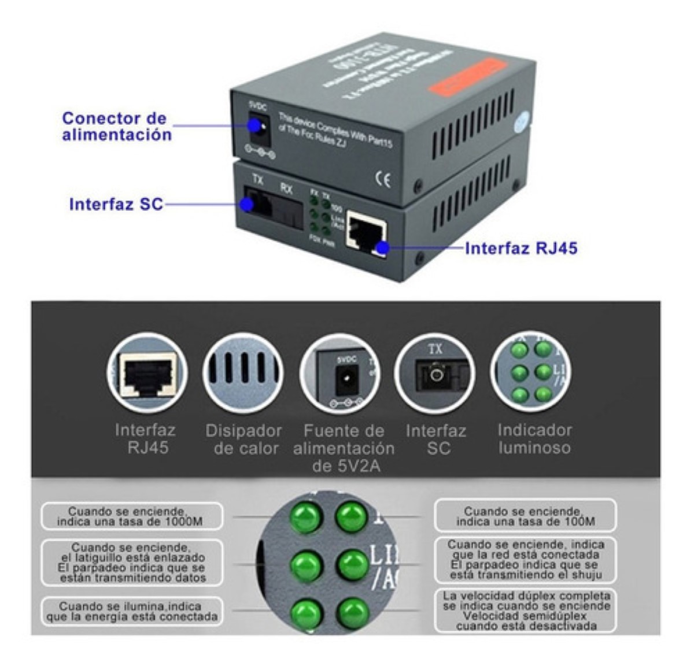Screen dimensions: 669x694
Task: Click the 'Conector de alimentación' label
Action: [x=117, y=127]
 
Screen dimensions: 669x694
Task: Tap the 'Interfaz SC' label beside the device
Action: [x=116, y=205]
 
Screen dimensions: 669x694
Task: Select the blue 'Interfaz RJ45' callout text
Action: [x=521, y=248]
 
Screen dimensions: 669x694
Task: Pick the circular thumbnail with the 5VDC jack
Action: [x=339, y=373]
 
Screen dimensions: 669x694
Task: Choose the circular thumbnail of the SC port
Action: [x=435, y=373]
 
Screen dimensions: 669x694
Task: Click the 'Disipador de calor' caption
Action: [x=243, y=439]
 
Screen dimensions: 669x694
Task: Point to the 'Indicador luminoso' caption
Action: [x=534, y=439]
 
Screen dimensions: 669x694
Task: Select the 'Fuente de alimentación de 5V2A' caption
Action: [x=344, y=448]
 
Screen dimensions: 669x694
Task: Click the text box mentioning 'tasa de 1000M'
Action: [x=131, y=516]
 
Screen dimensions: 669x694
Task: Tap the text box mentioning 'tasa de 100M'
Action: [x=525, y=516]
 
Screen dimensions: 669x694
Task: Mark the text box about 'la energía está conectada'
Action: [x=132, y=612]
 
